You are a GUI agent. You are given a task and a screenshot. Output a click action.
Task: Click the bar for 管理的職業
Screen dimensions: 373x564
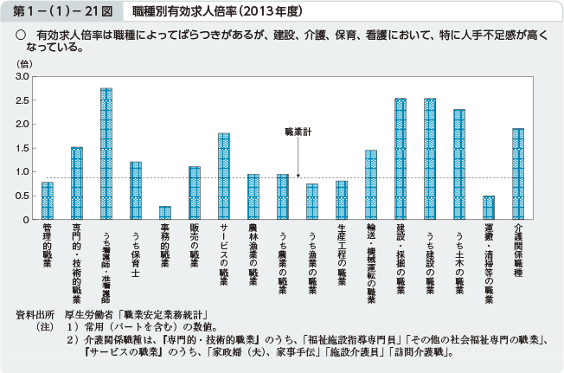pyautogui.click(x=48, y=201)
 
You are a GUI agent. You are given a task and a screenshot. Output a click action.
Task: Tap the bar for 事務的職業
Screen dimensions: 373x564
pyautogui.click(x=164, y=213)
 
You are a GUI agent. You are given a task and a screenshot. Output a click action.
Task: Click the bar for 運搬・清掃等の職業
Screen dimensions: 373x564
pyautogui.click(x=489, y=208)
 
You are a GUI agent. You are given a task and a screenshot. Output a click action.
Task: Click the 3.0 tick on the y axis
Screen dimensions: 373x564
pyautogui.click(x=22, y=77)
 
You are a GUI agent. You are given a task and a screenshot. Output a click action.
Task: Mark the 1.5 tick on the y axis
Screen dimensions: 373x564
pyautogui.click(x=22, y=148)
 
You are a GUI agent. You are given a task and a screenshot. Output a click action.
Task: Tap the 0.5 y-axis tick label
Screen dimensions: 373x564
pyautogui.click(x=22, y=196)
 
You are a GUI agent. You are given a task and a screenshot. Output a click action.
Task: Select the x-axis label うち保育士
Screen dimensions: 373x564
pyautogui.click(x=135, y=252)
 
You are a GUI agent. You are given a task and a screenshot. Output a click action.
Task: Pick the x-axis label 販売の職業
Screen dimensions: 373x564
pyautogui.click(x=194, y=252)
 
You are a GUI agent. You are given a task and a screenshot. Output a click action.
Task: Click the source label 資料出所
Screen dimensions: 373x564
pyautogui.click(x=35, y=315)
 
